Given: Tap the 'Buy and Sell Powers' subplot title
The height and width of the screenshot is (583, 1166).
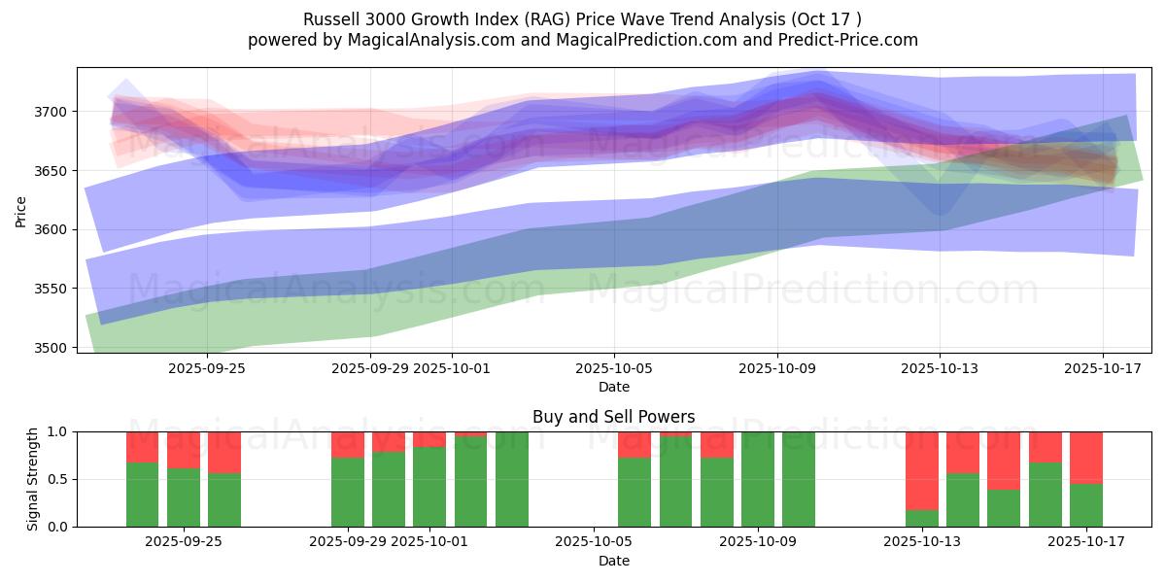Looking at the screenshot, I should (613, 417).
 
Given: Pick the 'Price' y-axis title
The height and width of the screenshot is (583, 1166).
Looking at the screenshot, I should (21, 212).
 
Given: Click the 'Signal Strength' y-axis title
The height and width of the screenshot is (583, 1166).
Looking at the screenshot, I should (34, 478).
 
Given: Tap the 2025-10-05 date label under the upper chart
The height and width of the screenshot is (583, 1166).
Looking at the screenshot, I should (613, 369).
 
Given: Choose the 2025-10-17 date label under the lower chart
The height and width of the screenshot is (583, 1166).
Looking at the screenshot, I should (1085, 541).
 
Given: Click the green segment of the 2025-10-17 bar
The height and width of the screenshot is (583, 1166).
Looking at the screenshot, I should (1085, 505).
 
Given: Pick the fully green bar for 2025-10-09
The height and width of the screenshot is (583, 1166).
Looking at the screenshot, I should (758, 479).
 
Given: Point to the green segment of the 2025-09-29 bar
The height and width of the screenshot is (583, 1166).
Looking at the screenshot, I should (348, 492).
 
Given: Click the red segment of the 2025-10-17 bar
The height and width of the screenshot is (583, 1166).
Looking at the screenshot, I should (1085, 457).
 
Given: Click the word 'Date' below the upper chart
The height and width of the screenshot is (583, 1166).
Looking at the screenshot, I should (613, 387).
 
